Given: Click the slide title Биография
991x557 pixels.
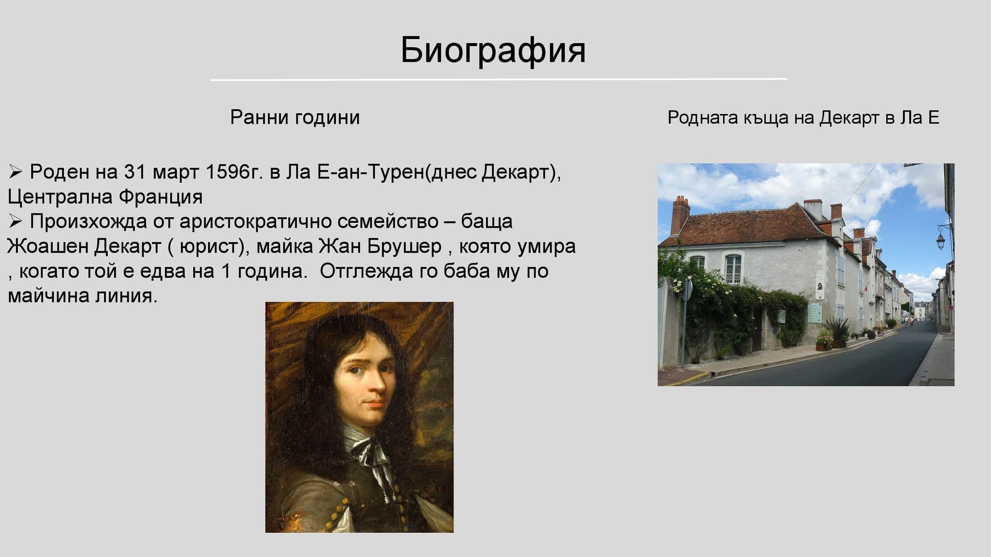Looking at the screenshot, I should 493,50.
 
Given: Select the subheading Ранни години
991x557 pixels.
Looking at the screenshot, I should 295,117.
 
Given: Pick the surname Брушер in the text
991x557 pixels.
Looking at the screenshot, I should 404,246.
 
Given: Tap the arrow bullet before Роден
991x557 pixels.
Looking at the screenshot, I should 15,172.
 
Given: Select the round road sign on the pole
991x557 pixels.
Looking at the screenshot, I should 687,290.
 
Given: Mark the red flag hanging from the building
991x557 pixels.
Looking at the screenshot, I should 866,286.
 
